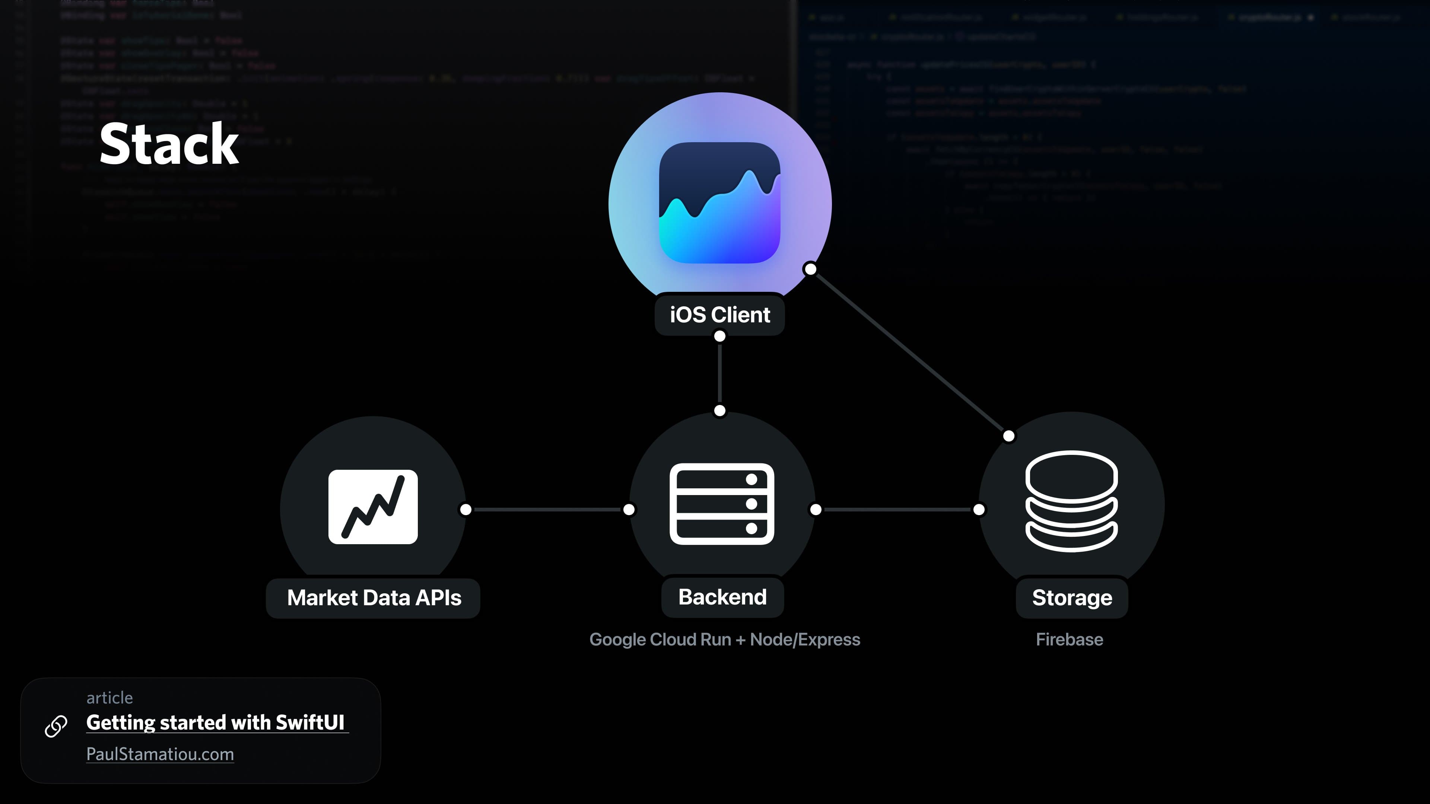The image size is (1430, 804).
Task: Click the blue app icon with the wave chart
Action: pos(719,203)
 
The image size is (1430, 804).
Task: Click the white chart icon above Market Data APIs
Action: pos(373,507)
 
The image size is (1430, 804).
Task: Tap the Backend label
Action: pos(722,597)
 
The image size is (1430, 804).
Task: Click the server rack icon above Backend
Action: pos(722,504)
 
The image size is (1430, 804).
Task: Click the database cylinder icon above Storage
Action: pos(1071,501)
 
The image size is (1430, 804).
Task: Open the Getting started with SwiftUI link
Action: pos(215,722)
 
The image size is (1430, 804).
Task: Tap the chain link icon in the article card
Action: pos(56,726)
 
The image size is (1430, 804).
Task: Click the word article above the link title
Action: pos(109,698)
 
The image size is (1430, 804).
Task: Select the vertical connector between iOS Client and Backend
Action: pos(719,373)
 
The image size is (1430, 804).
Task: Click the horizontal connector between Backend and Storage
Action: pos(897,509)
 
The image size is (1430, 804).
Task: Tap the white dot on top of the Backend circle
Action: pos(719,411)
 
